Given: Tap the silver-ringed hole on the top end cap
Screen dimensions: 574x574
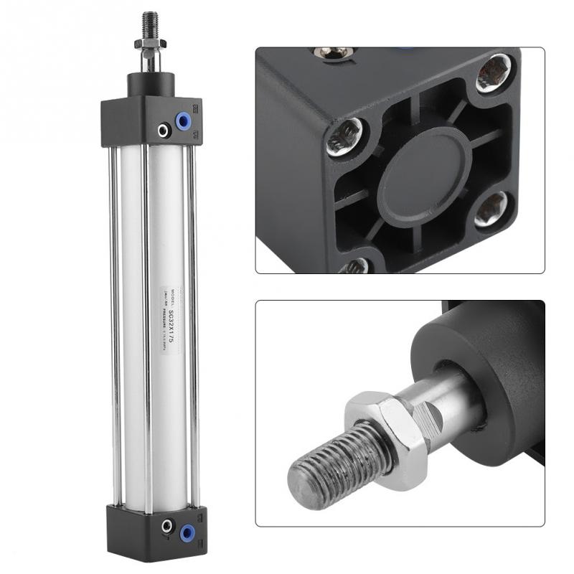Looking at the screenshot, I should point(164,130).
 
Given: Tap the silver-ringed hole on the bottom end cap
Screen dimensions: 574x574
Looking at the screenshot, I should point(169,527).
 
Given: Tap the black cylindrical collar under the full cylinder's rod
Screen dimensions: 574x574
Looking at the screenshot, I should point(150,84).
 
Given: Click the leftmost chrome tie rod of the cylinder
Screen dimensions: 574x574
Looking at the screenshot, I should point(113,323).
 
